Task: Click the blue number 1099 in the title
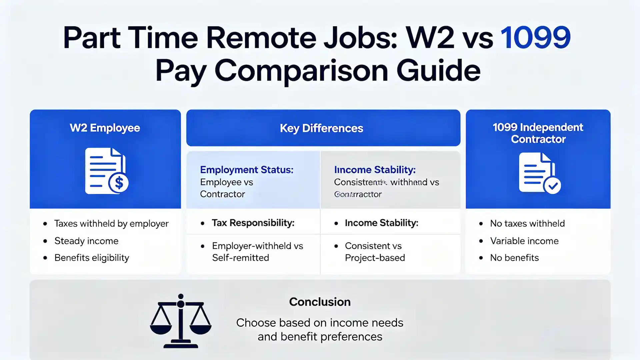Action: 536,37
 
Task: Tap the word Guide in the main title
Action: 438,71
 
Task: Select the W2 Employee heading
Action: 105,128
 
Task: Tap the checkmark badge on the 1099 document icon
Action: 552,185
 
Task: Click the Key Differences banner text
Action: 321,128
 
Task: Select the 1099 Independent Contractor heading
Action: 538,133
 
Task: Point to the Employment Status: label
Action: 247,170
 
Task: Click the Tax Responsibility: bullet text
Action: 253,223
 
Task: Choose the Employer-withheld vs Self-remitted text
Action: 257,252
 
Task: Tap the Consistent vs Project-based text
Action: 375,252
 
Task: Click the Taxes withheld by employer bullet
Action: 111,223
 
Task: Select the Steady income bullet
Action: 86,241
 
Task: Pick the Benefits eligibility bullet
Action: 92,258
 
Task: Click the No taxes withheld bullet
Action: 527,223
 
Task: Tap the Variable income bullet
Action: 524,241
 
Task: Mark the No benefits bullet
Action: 514,258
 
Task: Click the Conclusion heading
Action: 320,302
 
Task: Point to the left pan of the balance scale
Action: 161,328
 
